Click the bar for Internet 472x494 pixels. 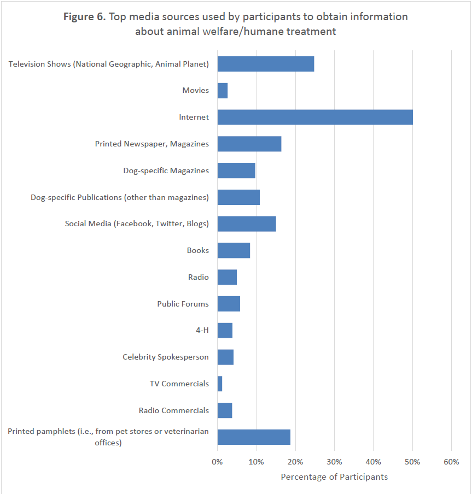(314, 117)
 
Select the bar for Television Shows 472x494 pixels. (265, 64)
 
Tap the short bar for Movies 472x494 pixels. (222, 91)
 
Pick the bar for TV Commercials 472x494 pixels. (220, 384)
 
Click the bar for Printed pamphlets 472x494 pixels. (253, 437)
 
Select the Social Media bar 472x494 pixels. (246, 224)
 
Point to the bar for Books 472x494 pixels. (234, 250)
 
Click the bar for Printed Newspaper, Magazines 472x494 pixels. (249, 144)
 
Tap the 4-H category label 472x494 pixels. (201, 331)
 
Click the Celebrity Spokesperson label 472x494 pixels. (166, 357)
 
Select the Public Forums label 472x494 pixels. (183, 304)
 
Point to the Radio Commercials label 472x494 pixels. (173, 410)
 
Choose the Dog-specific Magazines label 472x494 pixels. (166, 170)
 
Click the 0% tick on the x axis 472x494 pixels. (217, 462)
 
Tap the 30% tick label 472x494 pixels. (334, 462)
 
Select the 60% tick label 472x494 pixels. (451, 462)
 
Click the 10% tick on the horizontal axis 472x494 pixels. (256, 462)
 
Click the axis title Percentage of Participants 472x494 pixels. (334, 477)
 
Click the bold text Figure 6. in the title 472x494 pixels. (84, 17)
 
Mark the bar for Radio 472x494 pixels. (227, 277)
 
